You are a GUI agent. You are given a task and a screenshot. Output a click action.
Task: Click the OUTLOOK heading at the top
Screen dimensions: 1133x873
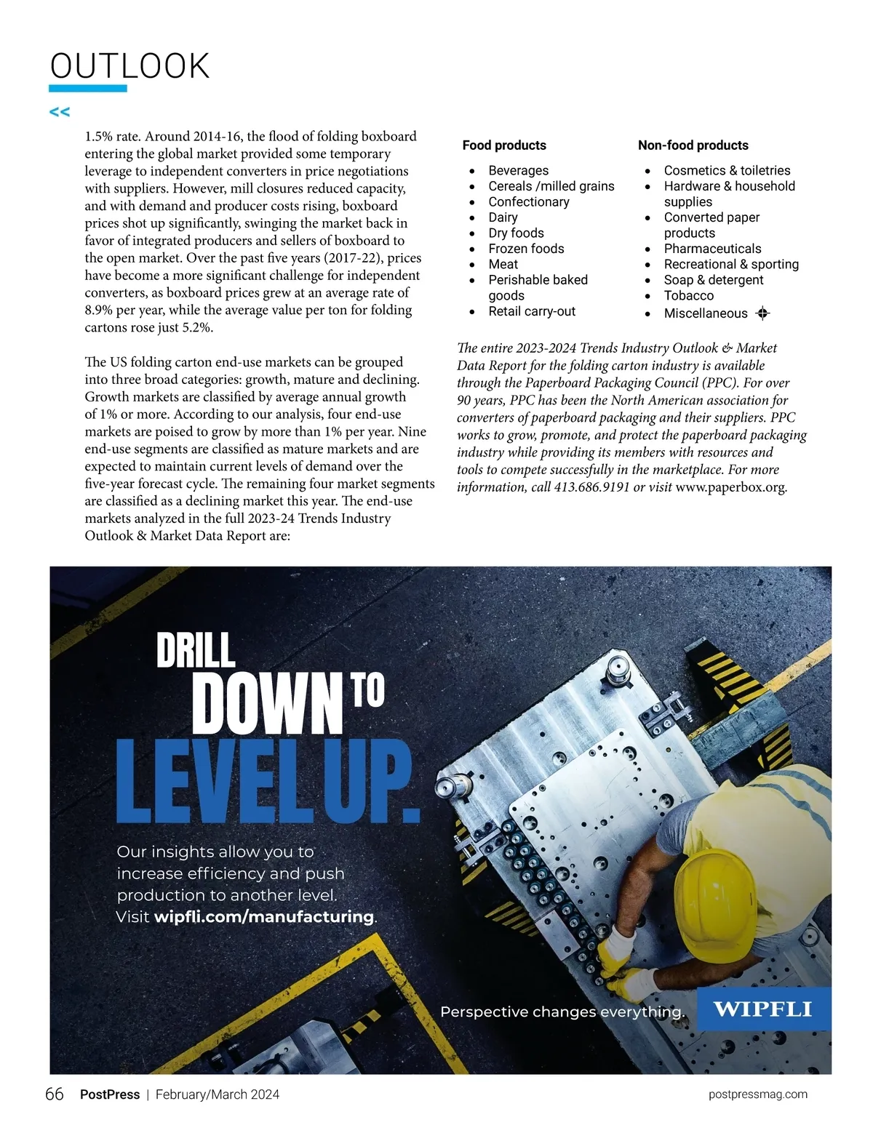[x=129, y=66]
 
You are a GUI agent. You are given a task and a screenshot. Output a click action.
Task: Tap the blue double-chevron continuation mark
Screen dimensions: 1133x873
[x=60, y=112]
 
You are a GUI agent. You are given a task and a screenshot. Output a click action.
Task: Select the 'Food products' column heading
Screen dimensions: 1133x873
[x=504, y=145]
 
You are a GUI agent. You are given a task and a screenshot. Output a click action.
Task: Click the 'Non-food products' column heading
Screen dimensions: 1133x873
[x=693, y=145]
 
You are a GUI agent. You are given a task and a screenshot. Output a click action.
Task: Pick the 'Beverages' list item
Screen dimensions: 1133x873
[x=518, y=170]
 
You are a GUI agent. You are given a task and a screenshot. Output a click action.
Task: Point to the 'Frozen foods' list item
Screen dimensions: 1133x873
[x=526, y=249]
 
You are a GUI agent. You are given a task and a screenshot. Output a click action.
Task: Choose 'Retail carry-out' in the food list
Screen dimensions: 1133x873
[x=532, y=311]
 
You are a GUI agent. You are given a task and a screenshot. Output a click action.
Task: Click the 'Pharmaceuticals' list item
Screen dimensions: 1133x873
[x=712, y=249]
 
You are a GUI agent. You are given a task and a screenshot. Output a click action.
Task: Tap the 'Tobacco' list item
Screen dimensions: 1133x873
[x=688, y=295]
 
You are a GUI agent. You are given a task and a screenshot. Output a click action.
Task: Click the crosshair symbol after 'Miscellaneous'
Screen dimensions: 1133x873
[x=762, y=313]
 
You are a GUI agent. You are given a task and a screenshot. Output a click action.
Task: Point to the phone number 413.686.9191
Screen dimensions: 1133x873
[x=591, y=487]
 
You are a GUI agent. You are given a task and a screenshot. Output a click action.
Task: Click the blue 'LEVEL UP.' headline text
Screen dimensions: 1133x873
[x=268, y=782]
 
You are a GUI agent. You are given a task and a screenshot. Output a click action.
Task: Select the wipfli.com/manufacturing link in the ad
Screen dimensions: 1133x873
[x=263, y=916]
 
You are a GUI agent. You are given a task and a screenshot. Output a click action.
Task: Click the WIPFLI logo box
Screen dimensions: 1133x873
[x=763, y=1009]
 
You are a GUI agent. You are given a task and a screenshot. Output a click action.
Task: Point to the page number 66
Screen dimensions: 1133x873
[x=55, y=1094]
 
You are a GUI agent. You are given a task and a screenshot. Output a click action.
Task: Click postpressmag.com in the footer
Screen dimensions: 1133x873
[x=757, y=1094]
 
